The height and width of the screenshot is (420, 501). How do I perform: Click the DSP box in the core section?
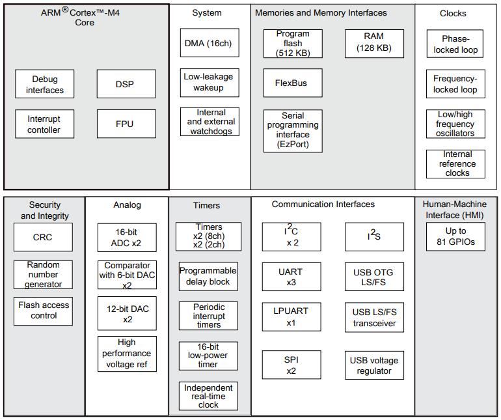click(126, 84)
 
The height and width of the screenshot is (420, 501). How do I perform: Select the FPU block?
click(126, 124)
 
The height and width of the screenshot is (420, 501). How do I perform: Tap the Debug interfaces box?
click(44, 84)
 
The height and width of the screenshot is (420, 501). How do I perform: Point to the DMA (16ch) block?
click(210, 43)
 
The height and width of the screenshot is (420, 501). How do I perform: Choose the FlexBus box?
click(293, 83)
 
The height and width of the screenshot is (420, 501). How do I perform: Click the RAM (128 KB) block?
click(374, 44)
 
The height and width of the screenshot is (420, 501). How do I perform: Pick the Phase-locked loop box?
click(455, 44)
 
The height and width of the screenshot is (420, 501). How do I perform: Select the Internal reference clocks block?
click(455, 164)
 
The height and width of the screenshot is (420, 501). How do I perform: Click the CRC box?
click(43, 237)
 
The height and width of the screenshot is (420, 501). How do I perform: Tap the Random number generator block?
click(43, 275)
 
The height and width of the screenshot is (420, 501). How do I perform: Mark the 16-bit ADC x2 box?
click(127, 238)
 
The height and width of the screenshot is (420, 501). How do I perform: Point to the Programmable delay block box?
click(208, 276)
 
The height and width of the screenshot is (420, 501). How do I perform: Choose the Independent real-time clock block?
click(208, 396)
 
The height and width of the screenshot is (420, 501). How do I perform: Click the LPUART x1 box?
click(291, 316)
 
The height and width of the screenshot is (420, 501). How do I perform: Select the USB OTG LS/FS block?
click(374, 277)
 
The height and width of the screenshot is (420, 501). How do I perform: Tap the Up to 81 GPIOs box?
click(455, 236)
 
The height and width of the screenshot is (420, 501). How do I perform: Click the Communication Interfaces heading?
click(323, 204)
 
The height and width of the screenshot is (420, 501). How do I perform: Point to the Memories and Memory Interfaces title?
click(321, 13)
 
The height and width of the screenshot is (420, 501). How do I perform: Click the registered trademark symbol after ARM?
click(65, 10)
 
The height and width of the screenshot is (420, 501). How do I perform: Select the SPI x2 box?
click(291, 365)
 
